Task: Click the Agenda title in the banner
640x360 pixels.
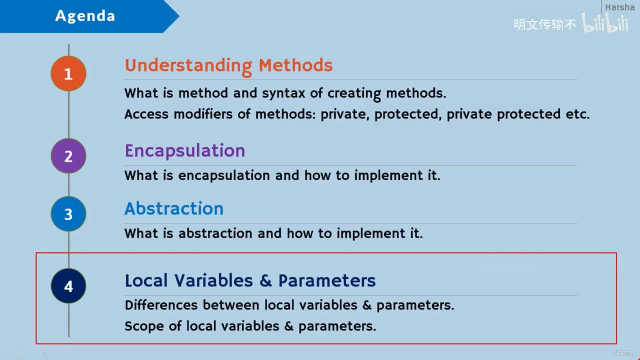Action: [85, 16]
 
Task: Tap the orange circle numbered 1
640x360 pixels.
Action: [68, 73]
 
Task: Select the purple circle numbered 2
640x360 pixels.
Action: [68, 156]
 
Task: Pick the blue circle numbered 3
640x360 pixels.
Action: [68, 214]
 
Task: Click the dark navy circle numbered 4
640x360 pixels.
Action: [68, 286]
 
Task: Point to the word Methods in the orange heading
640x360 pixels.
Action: [295, 65]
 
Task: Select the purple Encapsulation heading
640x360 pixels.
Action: [185, 151]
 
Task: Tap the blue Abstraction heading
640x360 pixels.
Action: [174, 208]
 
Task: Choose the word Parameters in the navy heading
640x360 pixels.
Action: [327, 280]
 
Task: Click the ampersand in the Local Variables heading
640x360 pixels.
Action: [265, 280]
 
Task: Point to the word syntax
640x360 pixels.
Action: [283, 93]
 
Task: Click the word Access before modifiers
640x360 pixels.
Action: [146, 114]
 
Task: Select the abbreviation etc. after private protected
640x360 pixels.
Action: [577, 114]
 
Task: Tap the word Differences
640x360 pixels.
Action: [161, 305]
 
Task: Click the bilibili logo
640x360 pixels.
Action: [604, 22]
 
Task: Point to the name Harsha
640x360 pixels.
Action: [619, 7]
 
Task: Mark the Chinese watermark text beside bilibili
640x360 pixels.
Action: [544, 24]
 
